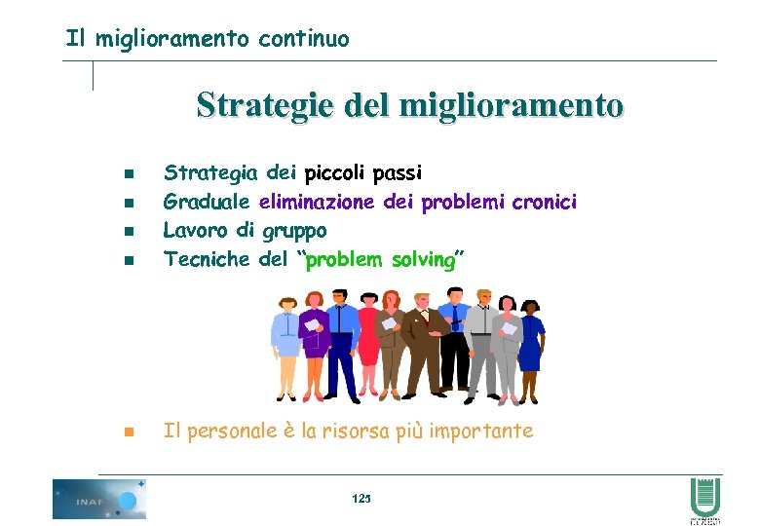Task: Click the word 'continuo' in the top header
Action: point(303,39)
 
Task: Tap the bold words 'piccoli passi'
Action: point(362,173)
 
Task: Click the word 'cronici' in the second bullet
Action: point(545,202)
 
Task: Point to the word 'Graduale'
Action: point(207,202)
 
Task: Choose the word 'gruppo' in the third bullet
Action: point(294,231)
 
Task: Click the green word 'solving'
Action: point(423,259)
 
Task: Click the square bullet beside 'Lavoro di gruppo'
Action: point(129,232)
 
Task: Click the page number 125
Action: point(361,499)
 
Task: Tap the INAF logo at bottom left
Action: point(98,499)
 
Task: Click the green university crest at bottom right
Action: point(703,499)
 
